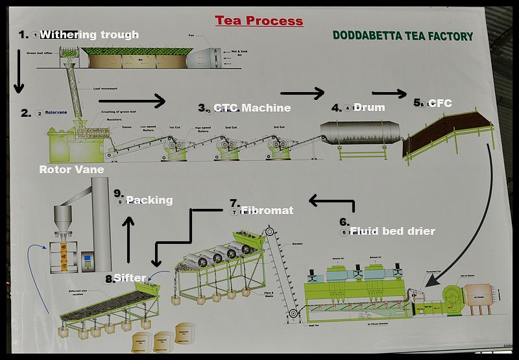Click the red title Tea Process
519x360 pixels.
point(259,21)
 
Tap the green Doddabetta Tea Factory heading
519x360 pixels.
point(402,36)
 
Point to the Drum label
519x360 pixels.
point(368,107)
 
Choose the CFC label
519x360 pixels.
point(440,103)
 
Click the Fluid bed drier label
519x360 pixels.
point(392,230)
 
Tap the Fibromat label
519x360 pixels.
point(267,210)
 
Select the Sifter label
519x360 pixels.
point(130,278)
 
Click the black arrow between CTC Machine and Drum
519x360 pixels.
point(302,93)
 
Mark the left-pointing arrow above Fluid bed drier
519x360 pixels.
point(331,202)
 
